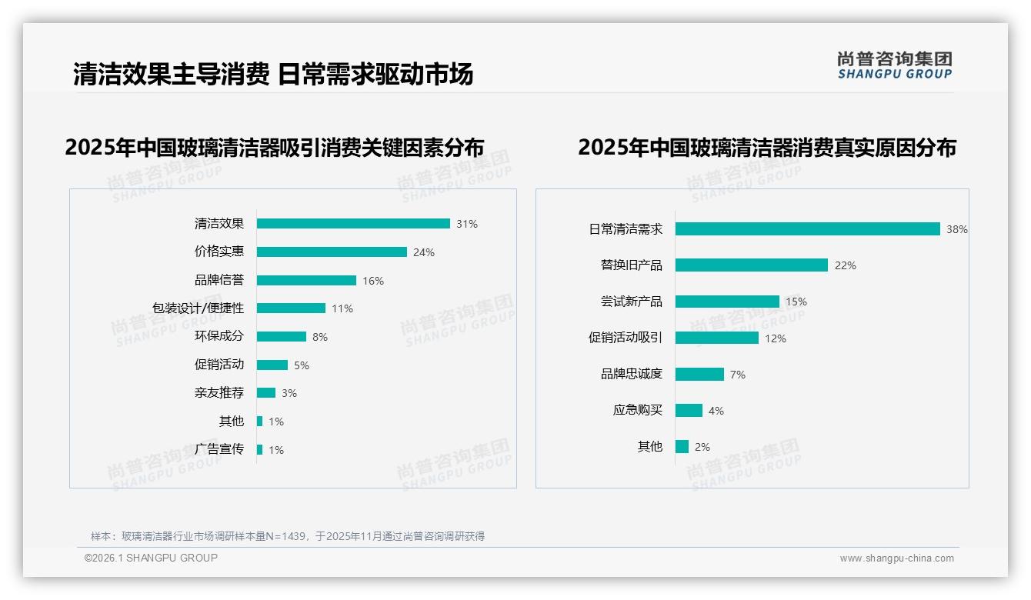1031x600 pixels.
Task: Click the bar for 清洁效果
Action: point(353,224)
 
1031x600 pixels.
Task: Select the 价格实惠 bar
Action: point(332,252)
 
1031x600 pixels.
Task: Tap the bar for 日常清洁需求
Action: point(808,228)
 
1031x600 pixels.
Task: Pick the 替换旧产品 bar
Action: point(752,265)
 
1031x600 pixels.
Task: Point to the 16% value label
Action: point(373,281)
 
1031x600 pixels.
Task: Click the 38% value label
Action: point(957,229)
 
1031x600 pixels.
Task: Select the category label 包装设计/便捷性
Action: point(198,308)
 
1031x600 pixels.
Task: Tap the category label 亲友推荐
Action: point(219,392)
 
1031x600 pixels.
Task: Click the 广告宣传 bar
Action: point(260,449)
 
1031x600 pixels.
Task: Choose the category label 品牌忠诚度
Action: point(632,374)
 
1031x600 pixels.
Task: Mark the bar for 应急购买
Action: point(689,410)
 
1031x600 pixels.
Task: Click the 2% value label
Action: point(702,447)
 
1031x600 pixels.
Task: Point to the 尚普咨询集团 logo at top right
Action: point(895,65)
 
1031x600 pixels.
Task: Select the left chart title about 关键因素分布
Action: point(275,148)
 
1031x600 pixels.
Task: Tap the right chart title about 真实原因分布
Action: point(767,148)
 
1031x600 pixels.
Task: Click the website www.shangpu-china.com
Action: point(896,558)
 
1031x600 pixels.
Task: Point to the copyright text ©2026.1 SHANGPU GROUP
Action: point(151,558)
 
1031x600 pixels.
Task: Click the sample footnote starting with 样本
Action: point(288,536)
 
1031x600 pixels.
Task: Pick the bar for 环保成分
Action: point(282,336)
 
